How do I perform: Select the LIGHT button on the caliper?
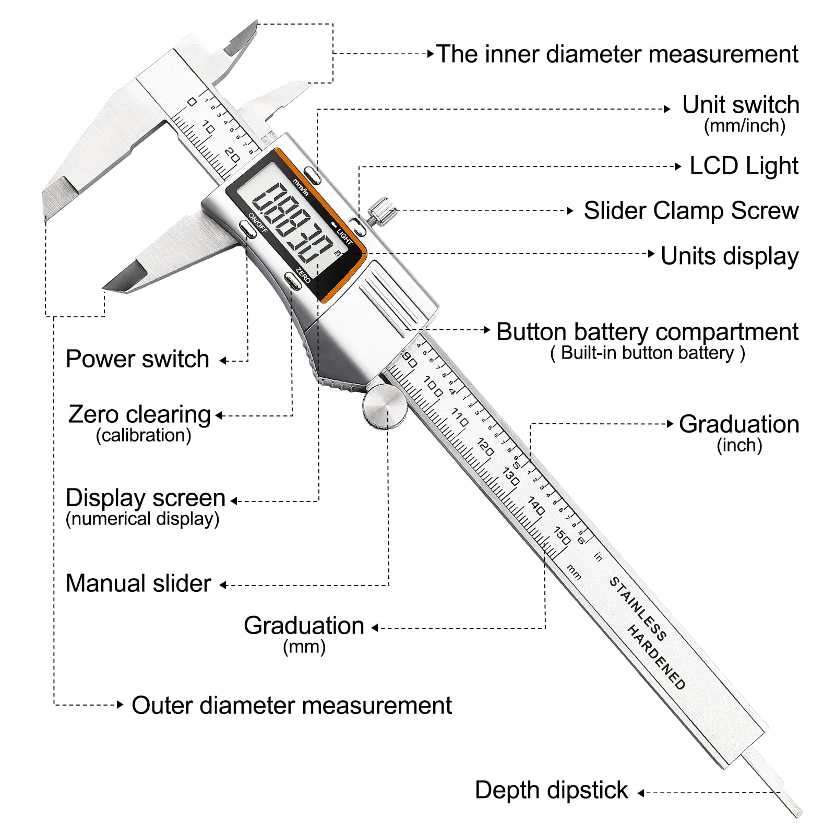357,226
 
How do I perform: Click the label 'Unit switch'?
741,105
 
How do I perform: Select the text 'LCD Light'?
744,166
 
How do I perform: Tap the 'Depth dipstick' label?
551,790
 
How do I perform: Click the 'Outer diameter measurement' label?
292,706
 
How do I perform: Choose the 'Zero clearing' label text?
139,415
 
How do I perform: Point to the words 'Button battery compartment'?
647,332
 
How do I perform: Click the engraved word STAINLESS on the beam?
638,609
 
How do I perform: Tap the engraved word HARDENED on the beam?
656,657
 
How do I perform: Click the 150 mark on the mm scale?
562,536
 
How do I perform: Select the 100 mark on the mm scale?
434,386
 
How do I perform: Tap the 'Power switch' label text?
137,359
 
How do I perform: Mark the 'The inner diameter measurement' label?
617,54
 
